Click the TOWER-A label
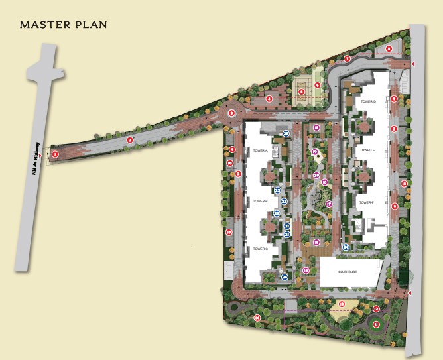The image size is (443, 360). (x=260, y=151)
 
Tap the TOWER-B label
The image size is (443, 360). (x=260, y=200)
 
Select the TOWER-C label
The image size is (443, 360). (x=260, y=249)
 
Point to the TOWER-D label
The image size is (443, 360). (x=369, y=101)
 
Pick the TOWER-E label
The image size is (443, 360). (x=368, y=150)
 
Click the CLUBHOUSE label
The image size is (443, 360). (x=348, y=272)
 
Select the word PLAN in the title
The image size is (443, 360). (x=92, y=25)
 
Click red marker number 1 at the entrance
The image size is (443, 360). (x=55, y=154)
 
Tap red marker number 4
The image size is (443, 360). (x=269, y=99)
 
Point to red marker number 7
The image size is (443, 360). (x=347, y=59)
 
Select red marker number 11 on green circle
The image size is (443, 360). (x=376, y=324)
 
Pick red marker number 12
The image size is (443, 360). (x=376, y=309)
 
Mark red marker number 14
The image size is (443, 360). (x=257, y=318)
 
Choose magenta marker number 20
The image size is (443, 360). (x=317, y=175)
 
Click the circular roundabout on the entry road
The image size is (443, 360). (x=231, y=113)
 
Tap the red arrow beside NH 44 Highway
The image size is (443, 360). (x=42, y=155)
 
